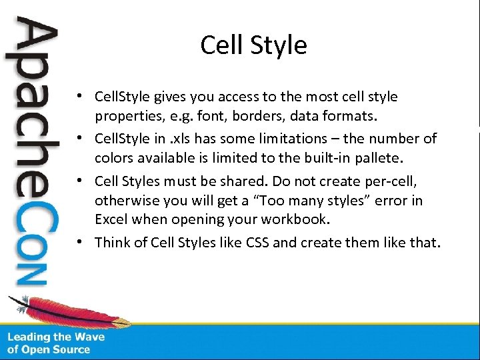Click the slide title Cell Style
pos(253,45)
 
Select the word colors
pos(114,159)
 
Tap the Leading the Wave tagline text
pos(56,343)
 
